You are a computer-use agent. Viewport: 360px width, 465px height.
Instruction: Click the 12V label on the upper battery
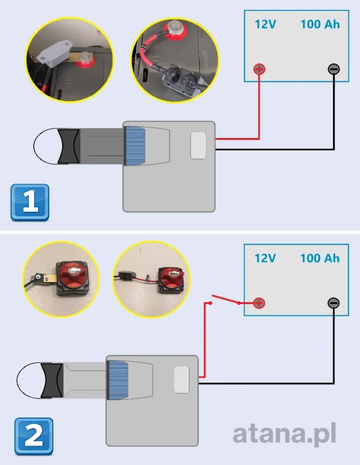pos(265,24)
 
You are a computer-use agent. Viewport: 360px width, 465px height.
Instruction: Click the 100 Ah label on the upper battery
pos(320,24)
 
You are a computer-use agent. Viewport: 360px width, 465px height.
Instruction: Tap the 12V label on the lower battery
pos(265,258)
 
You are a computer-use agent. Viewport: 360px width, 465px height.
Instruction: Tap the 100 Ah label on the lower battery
pos(320,258)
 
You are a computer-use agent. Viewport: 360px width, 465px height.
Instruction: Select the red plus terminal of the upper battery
pos(259,69)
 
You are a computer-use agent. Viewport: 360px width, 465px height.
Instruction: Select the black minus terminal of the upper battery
pos(334,69)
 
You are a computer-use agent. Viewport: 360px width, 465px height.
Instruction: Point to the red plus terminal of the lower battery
pos(259,303)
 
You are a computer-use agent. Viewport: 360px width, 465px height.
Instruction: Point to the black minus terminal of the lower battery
pos(334,303)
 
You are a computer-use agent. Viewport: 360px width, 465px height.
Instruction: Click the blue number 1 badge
pos(30,203)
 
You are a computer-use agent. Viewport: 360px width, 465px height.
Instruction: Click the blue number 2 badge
pos(34,436)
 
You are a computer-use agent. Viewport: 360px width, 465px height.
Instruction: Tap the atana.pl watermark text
pos(285,435)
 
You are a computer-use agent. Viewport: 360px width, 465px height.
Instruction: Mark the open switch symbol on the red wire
pos(225,300)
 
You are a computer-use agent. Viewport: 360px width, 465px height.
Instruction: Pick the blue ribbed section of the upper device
pos(135,145)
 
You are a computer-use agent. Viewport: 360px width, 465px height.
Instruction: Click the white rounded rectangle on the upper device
pos(198,145)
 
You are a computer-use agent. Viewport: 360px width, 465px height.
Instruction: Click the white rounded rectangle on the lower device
pos(181,380)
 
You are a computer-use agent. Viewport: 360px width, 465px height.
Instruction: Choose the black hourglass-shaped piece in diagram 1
pos(70,145)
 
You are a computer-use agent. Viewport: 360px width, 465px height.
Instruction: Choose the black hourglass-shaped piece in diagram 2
pos(52,380)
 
